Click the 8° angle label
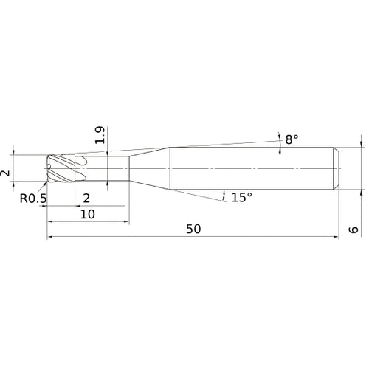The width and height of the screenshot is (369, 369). tap(292, 139)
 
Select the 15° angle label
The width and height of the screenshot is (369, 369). tap(241, 197)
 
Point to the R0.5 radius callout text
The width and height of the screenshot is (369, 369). tap(32, 198)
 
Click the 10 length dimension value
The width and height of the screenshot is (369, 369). tap(88, 214)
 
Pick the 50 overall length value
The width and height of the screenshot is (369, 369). tap(193, 230)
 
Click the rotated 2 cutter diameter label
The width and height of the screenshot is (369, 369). tap(7, 173)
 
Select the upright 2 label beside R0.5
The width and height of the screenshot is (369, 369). tap(86, 197)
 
